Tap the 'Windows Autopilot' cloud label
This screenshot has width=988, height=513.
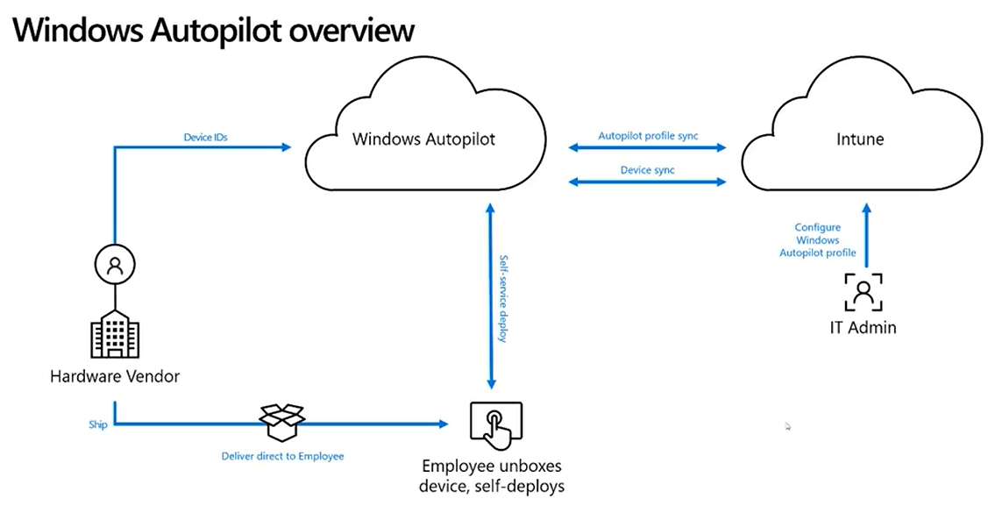point(423,139)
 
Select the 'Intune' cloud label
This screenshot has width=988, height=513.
point(860,139)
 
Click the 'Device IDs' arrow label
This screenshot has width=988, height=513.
point(205,137)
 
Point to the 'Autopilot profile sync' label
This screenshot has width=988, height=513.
point(648,136)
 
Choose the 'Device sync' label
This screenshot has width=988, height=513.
point(648,170)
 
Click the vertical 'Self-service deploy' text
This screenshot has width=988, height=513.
point(504,298)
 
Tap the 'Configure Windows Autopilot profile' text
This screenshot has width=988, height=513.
point(817,239)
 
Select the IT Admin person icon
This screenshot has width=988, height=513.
point(864,292)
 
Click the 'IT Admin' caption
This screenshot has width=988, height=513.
point(864,328)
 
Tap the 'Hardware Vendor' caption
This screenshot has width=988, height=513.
point(115,377)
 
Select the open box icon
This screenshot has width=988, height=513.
point(282,422)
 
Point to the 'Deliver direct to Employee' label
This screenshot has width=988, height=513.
point(282,456)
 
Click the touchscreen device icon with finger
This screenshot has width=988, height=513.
point(496,422)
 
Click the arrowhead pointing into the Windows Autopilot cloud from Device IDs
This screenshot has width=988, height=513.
point(286,147)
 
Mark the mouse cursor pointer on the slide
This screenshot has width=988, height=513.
point(787,426)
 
